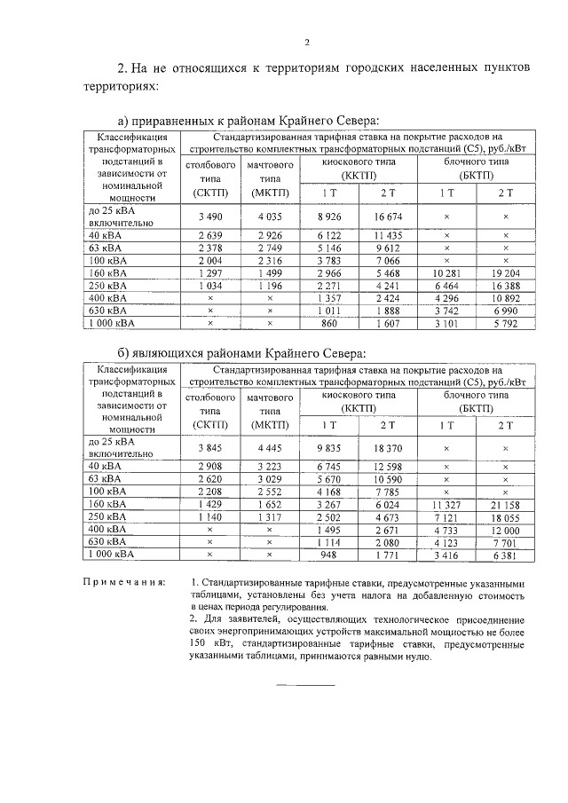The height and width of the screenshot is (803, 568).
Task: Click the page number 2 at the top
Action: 306,42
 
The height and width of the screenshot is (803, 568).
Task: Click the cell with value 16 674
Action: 387,216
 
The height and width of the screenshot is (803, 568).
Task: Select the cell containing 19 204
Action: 505,273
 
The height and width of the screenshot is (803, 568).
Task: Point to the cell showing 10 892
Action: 505,299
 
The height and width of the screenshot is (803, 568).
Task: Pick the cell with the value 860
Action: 329,324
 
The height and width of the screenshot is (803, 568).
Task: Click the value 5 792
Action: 505,324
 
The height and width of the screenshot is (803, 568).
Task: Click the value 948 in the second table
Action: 329,555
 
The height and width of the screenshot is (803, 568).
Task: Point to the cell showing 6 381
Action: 505,555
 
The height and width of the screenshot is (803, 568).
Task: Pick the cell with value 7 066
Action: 387,261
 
